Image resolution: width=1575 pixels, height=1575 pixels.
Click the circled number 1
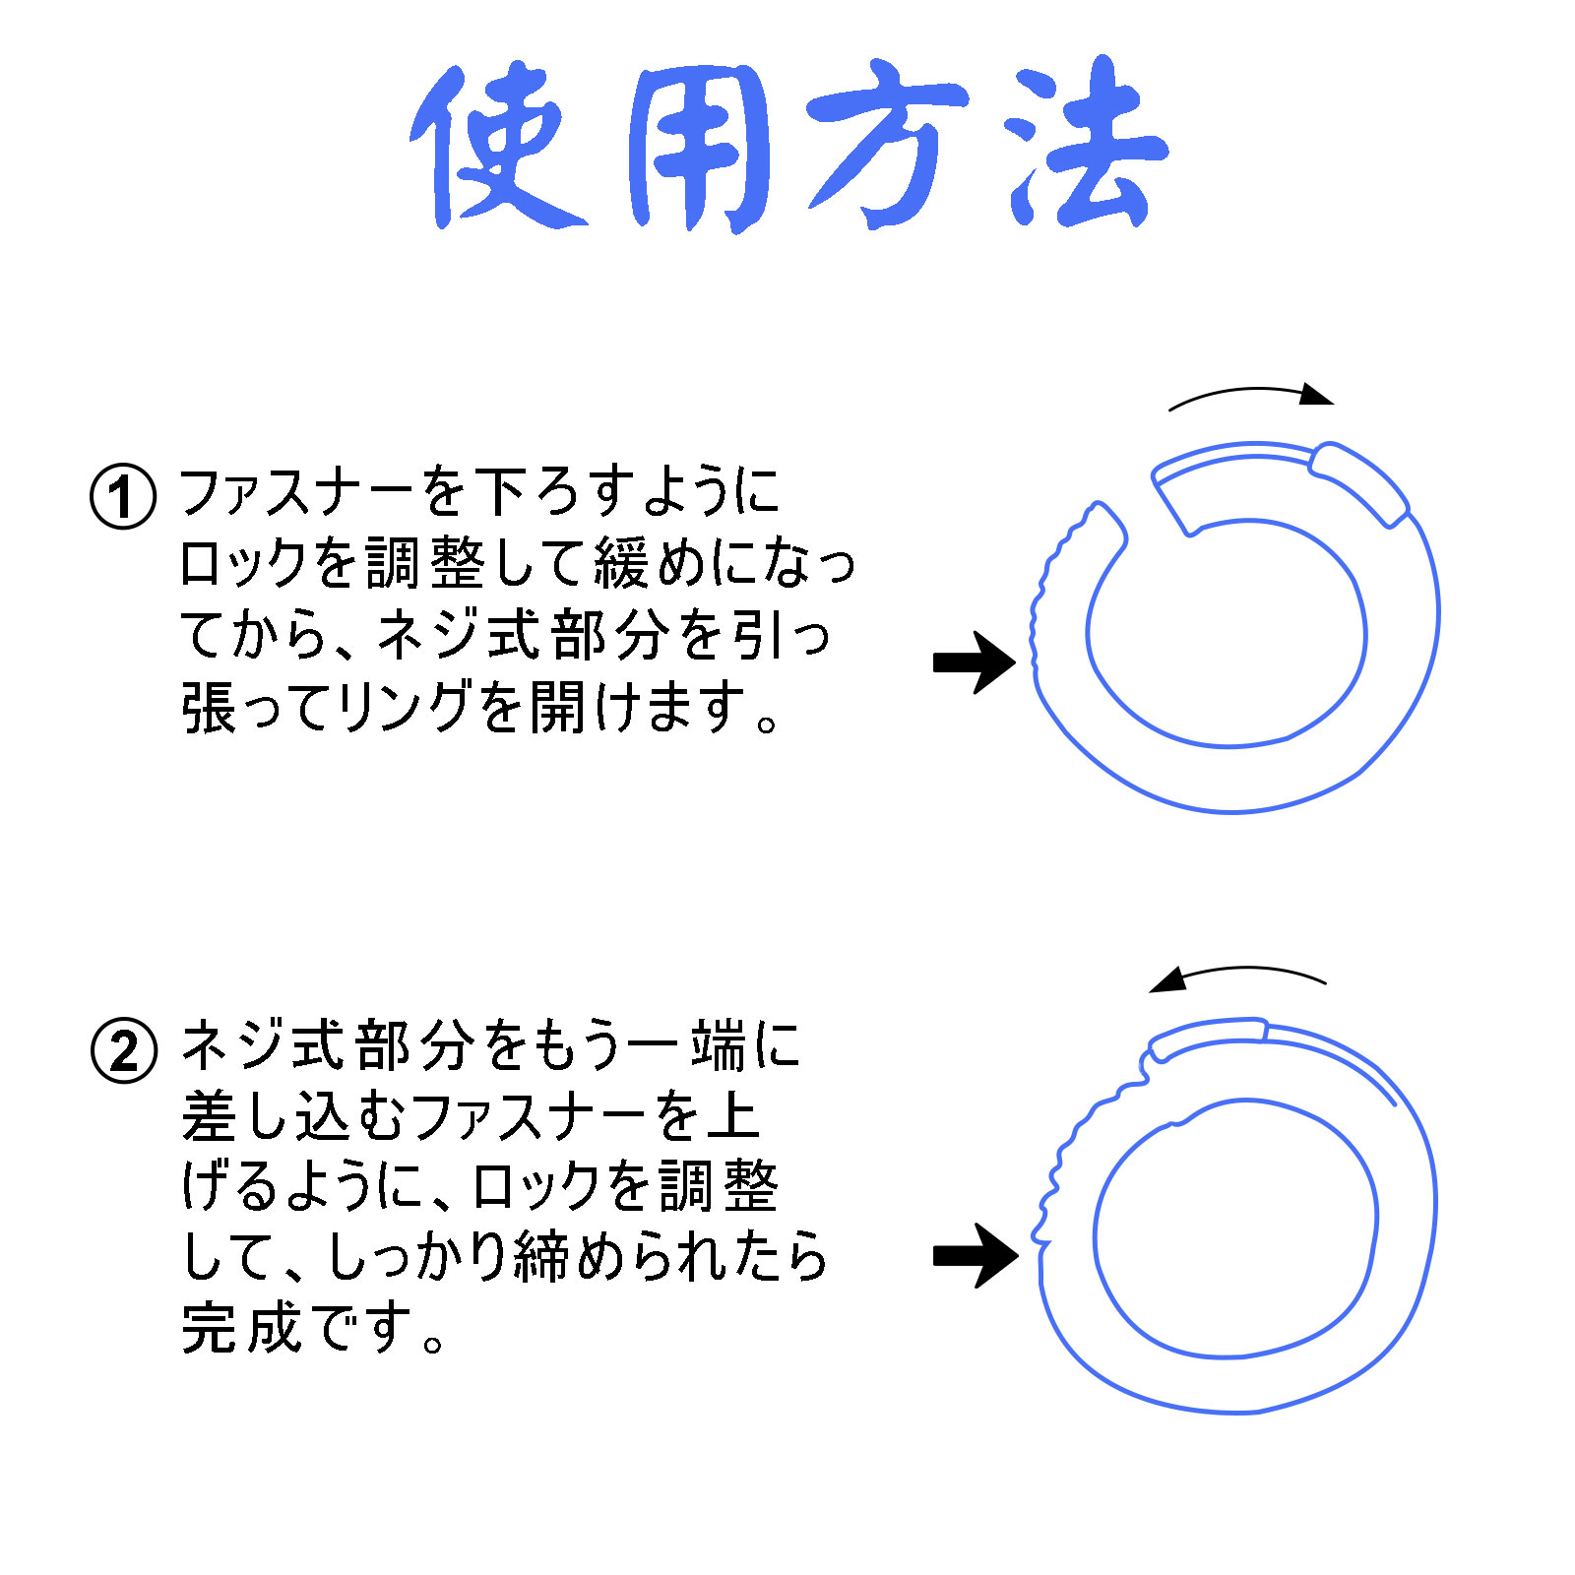tap(123, 496)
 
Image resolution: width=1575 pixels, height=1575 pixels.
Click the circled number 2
tap(124, 1050)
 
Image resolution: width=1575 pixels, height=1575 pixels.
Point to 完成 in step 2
tap(241, 1328)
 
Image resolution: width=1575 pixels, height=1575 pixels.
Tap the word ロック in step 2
tap(537, 1185)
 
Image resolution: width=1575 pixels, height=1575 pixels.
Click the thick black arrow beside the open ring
tap(975, 662)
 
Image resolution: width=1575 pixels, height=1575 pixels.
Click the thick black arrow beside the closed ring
tap(976, 1255)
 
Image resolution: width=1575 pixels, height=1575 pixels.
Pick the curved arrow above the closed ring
tap(1238, 971)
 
